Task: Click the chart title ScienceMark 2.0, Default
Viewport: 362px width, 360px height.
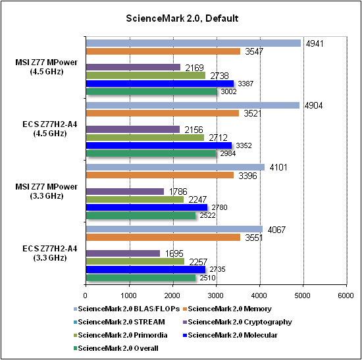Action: (x=182, y=18)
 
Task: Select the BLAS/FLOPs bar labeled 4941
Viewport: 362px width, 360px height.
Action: (x=194, y=43)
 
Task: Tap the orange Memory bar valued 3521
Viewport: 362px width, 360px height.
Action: (x=163, y=113)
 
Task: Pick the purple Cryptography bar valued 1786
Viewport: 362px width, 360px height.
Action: (x=125, y=192)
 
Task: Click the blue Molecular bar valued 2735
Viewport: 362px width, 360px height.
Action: (x=145, y=269)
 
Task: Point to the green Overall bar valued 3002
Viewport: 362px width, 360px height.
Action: (x=151, y=91)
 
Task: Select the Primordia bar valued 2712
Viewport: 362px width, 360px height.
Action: (x=145, y=138)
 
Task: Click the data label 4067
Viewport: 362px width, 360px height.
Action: (x=276, y=230)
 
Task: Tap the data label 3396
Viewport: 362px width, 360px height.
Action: (x=247, y=176)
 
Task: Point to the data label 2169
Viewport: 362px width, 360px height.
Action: (x=194, y=68)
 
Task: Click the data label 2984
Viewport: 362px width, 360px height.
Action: (x=228, y=153)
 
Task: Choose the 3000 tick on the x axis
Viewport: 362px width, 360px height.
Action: (x=216, y=296)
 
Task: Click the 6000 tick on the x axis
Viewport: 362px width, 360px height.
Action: (x=346, y=296)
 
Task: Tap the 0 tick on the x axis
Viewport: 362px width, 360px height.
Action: (x=86, y=296)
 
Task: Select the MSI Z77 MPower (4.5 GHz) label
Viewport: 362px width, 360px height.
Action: (x=47, y=66)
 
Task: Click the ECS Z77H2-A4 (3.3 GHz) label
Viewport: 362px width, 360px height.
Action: (x=49, y=253)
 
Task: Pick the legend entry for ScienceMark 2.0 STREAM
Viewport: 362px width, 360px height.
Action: (x=119, y=322)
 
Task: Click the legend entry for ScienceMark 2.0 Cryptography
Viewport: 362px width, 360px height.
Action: (x=238, y=322)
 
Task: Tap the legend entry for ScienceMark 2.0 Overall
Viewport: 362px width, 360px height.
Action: (x=116, y=348)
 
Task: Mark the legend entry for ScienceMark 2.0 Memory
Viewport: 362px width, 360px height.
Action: (x=227, y=309)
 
